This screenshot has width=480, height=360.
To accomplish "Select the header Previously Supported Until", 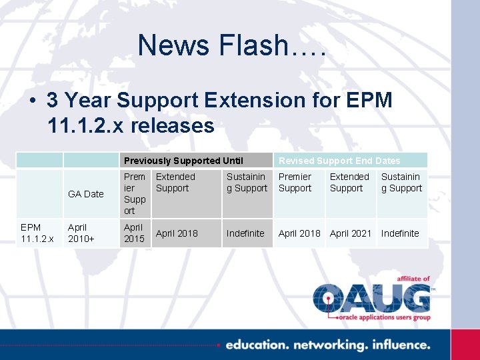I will (x=183, y=161).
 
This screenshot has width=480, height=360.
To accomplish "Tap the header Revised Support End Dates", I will (x=339, y=161).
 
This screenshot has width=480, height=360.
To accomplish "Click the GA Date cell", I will (x=86, y=194).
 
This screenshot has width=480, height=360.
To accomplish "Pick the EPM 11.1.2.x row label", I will (x=37, y=233).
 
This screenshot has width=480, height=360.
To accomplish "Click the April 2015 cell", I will (x=134, y=233).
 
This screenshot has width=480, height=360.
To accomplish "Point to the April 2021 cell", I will (x=351, y=233).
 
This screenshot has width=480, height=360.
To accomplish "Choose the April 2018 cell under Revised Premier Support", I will (x=299, y=233).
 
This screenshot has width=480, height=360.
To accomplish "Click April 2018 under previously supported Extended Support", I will (x=177, y=233).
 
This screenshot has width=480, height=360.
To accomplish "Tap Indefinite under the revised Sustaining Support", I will (x=400, y=233).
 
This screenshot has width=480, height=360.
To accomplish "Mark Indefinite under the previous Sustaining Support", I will (x=245, y=233).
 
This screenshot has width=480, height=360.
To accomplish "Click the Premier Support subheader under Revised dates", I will (x=295, y=183).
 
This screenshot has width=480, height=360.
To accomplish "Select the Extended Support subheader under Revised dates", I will (x=349, y=183).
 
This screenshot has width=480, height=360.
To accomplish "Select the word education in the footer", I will (x=256, y=345).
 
